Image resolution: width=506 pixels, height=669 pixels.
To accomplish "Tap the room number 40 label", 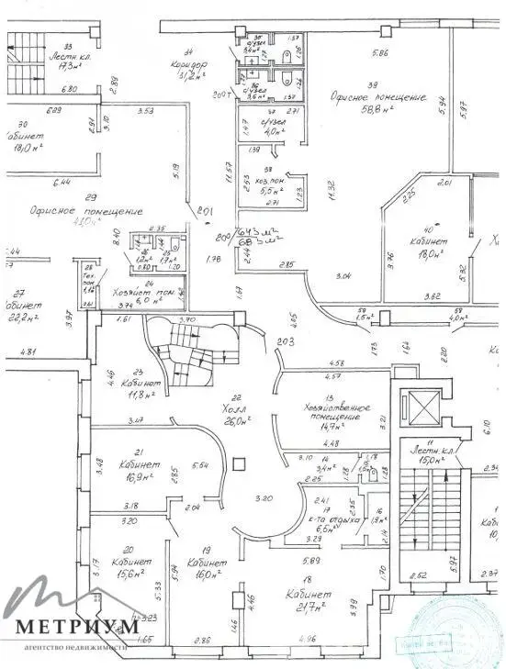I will [x=425, y=229].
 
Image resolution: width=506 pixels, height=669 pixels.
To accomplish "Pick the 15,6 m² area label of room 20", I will [x=124, y=574].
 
